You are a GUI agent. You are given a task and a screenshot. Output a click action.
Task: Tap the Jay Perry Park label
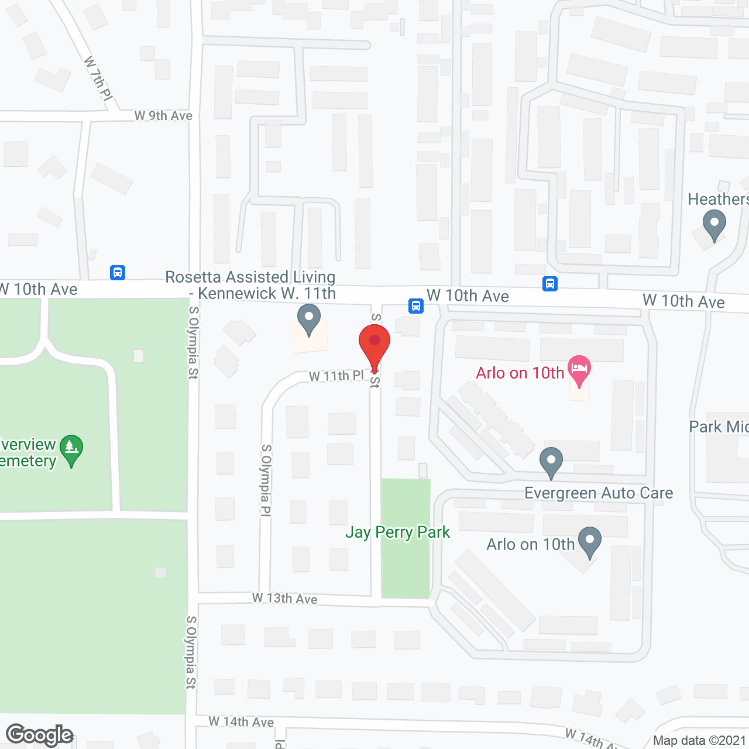[397, 532]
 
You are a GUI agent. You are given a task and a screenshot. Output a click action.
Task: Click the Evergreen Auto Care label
[599, 493]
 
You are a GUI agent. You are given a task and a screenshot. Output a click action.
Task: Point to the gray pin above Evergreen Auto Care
[551, 462]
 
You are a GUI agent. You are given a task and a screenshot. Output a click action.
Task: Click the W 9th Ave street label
[163, 116]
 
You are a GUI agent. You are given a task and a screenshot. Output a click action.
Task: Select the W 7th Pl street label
[98, 78]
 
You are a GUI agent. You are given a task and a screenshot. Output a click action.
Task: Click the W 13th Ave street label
[285, 598]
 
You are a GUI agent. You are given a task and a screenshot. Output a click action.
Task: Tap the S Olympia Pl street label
[266, 480]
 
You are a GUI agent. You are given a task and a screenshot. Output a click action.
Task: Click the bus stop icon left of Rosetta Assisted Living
[118, 272]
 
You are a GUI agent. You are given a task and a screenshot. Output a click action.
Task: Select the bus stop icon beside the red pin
[415, 305]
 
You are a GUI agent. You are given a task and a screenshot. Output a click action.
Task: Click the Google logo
[40, 735]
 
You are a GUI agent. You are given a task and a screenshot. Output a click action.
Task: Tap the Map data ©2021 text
[700, 741]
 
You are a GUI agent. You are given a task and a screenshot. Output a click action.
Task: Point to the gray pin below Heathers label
[714, 225]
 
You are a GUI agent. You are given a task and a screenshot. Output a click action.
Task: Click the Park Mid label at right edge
[719, 427]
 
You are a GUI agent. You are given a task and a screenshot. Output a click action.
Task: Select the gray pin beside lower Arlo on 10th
[589, 542]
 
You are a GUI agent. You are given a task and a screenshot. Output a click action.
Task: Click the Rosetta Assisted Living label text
[250, 285]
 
